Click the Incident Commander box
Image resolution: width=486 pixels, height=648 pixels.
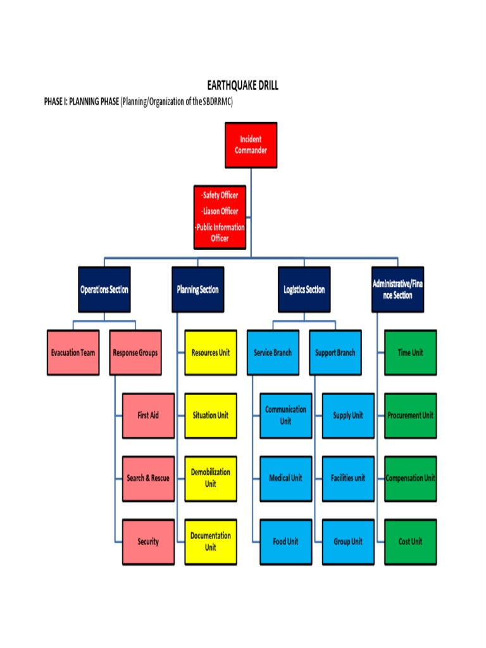[x=251, y=145]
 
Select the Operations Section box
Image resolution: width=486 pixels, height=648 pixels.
[x=104, y=289]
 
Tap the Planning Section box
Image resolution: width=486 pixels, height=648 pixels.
[x=197, y=289]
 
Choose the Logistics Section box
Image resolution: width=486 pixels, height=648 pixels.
[x=304, y=289]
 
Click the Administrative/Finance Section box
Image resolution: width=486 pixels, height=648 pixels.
[x=397, y=289]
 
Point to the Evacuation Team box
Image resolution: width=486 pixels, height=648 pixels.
[x=73, y=352]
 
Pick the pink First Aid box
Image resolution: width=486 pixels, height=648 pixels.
[x=148, y=415]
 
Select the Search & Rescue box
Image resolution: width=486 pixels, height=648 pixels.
[x=148, y=478]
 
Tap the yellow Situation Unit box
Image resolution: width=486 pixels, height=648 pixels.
[x=211, y=415]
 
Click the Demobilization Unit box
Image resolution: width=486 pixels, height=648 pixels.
[x=211, y=478]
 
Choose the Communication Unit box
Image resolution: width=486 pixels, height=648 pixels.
[x=285, y=415]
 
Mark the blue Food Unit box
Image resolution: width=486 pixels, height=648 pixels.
[x=285, y=542]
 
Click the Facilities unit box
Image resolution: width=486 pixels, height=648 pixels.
[x=348, y=478]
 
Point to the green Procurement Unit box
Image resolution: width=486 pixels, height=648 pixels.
[x=410, y=415]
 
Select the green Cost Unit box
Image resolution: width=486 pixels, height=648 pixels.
[x=410, y=542]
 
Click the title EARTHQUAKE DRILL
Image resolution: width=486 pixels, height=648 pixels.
[x=242, y=85]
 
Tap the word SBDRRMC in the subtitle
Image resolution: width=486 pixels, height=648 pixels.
[x=218, y=101]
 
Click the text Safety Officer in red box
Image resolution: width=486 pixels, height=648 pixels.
[x=220, y=195]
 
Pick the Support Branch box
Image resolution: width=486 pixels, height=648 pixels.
[x=335, y=352]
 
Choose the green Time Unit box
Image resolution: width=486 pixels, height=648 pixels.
[x=410, y=352]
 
